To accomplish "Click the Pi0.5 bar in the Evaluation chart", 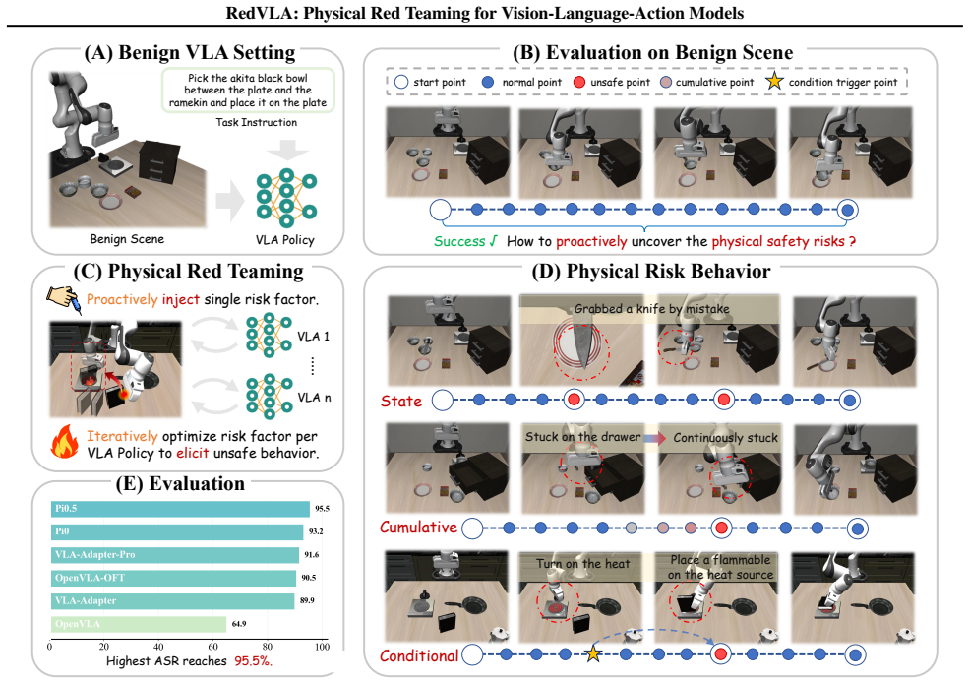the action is point(180,509).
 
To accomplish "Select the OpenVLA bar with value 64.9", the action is point(139,624).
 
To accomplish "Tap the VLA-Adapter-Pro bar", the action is point(175,555).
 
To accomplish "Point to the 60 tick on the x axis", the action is point(212,647).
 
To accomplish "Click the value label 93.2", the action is point(316,531).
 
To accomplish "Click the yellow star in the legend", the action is point(774,81).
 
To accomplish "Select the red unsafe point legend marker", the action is point(579,82).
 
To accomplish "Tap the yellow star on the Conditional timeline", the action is point(593,653).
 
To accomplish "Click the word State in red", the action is point(401,402).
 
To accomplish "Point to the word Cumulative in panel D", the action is point(418,528).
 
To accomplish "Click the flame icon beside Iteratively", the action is point(65,441).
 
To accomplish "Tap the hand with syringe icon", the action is point(64,300).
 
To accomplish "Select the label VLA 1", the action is point(313,337).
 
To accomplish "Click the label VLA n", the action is point(314,398).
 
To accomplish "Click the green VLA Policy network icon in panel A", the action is point(286,197).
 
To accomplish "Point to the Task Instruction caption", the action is point(257,122).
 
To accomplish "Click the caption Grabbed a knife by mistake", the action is point(652,308).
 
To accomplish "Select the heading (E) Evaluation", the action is point(180,483).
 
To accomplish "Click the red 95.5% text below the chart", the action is point(254,660).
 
